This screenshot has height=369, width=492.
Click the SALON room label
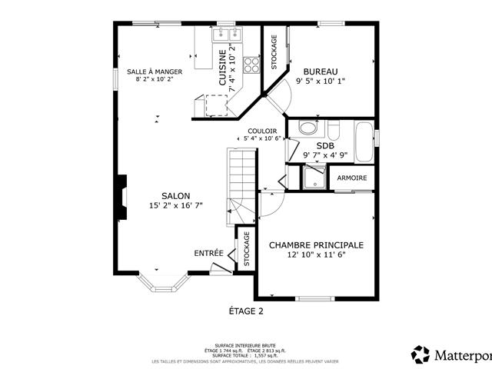176,195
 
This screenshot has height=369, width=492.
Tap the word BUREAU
321,71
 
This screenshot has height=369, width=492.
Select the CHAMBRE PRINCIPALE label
316,244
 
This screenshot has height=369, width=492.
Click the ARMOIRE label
352,178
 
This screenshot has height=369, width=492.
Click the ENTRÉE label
208,253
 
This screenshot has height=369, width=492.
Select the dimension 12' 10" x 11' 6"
316,254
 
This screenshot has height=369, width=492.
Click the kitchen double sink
228,34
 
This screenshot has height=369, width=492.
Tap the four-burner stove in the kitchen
252,65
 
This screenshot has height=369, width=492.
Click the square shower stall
313,178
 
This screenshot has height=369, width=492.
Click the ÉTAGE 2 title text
246,311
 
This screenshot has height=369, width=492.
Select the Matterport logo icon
421,355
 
